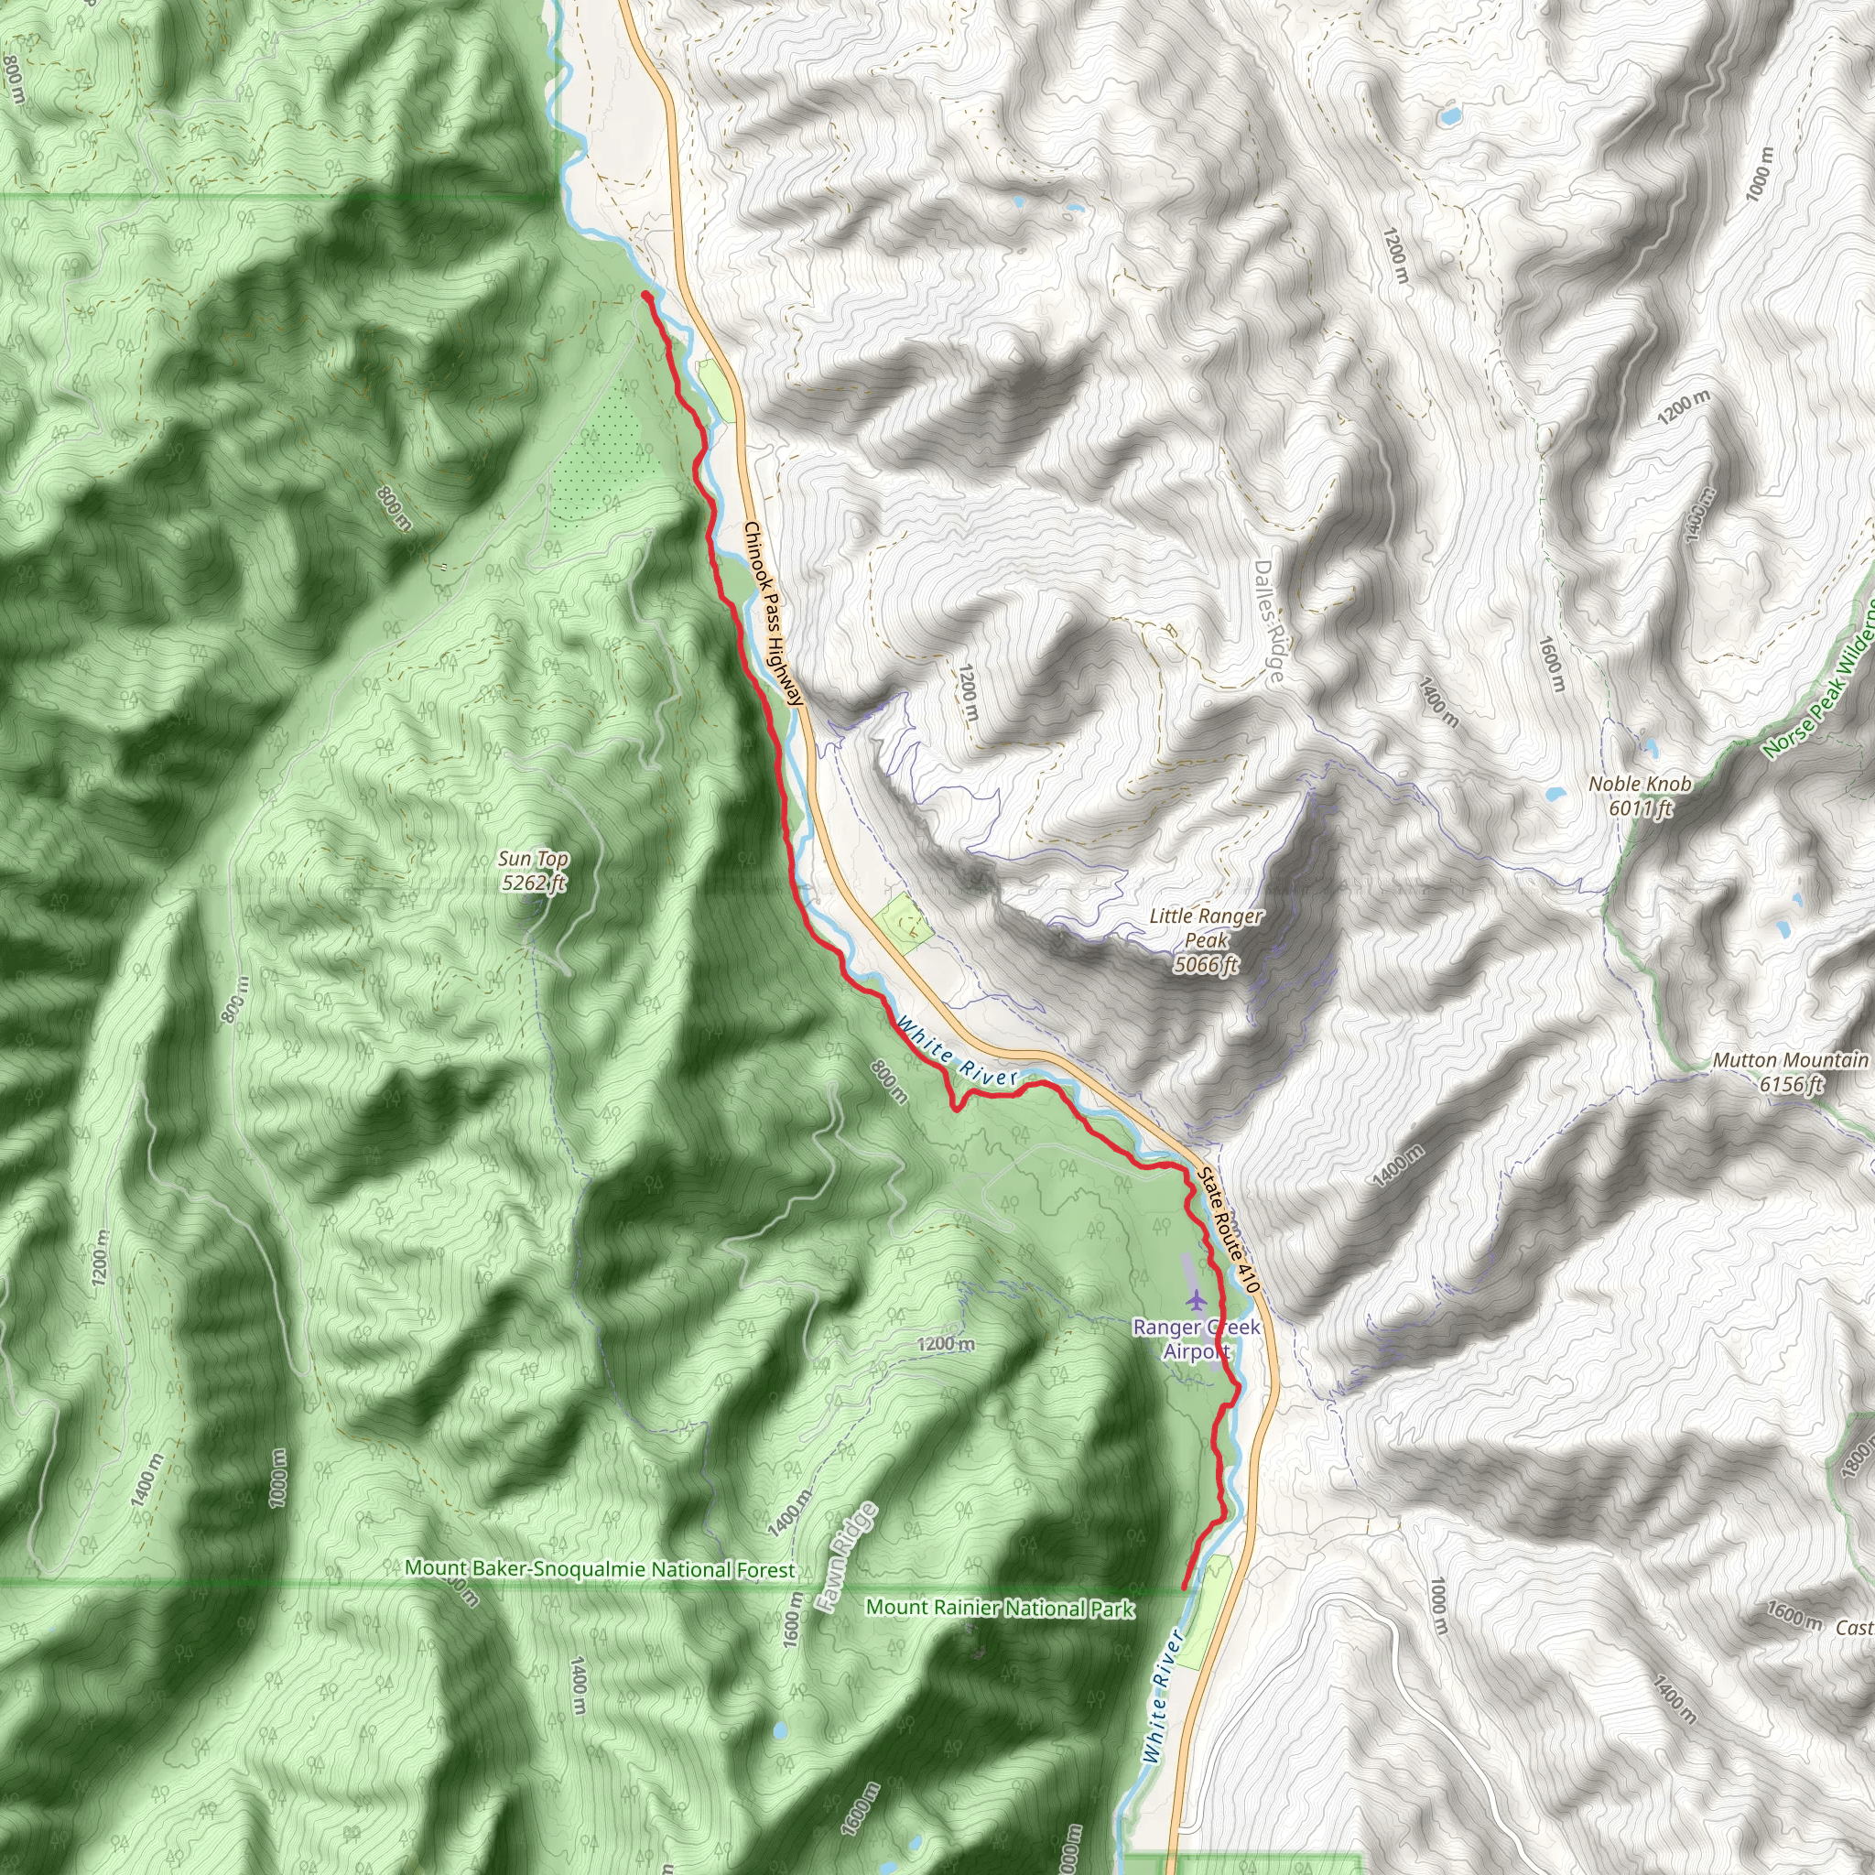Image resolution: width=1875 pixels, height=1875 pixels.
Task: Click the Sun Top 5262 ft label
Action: point(533,871)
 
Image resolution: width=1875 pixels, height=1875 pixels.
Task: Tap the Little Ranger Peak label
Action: point(1206,939)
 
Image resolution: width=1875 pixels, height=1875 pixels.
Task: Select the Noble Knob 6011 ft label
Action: point(1639,795)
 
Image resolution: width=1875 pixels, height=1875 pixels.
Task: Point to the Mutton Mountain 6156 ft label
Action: point(1790,1071)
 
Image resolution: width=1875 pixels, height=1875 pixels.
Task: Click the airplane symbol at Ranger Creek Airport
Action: point(1196,1297)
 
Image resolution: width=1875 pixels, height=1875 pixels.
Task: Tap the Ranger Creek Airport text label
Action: point(1197,1339)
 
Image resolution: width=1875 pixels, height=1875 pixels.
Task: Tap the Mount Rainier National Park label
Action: point(1000,1608)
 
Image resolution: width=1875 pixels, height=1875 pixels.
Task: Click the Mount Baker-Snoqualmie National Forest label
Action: point(600,1568)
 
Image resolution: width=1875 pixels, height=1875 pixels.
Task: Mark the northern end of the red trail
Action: point(645,294)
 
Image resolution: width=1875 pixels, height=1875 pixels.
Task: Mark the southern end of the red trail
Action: point(1185,1587)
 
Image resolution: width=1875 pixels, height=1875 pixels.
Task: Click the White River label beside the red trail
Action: point(956,1051)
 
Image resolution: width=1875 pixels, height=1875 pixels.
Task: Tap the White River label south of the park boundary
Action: point(1164,1696)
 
